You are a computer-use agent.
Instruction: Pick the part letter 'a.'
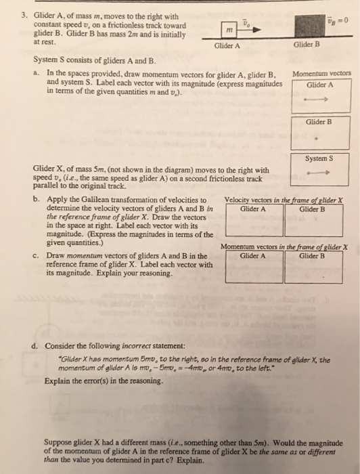tap(35, 71)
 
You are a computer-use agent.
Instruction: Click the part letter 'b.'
tap(35, 200)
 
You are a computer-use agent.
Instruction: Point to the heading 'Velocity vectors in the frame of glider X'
tap(284, 200)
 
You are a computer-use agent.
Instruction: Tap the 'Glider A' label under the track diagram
tap(227, 46)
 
